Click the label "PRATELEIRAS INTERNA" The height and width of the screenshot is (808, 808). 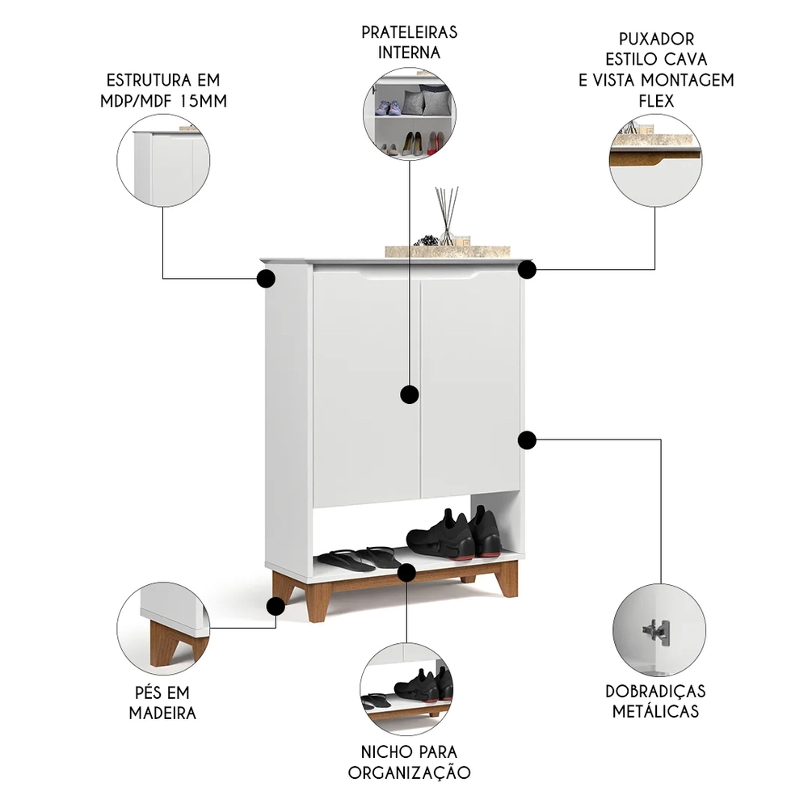pyautogui.click(x=409, y=42)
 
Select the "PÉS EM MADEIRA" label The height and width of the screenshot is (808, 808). pyautogui.click(x=162, y=703)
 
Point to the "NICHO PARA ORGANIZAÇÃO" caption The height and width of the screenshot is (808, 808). pyautogui.click(x=409, y=762)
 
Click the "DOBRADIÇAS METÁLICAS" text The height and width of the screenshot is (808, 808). pyautogui.click(x=655, y=701)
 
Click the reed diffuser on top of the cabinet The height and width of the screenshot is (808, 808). pyautogui.click(x=447, y=217)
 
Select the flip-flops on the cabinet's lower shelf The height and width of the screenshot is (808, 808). pyautogui.click(x=360, y=558)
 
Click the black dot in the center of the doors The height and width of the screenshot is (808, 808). pyautogui.click(x=410, y=394)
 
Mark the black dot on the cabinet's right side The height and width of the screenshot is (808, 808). pyautogui.click(x=527, y=440)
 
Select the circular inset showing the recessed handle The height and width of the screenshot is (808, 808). pyautogui.click(x=655, y=158)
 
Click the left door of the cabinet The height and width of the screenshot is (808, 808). pyautogui.click(x=365, y=388)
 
